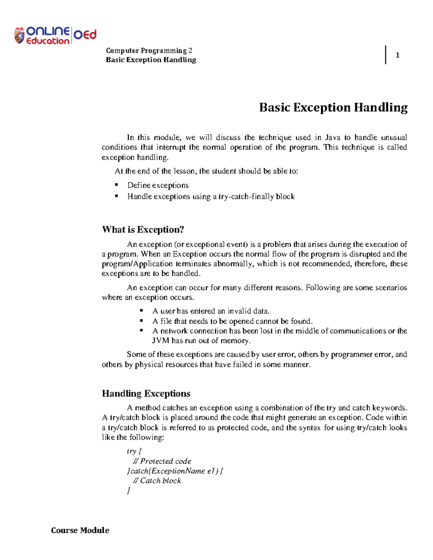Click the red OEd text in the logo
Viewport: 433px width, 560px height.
pos(85,35)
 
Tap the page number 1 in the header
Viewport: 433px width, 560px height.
pos(397,55)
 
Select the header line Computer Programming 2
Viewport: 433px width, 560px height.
pos(149,50)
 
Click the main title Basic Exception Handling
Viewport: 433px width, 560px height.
pos(333,107)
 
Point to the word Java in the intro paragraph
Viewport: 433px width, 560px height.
pos(333,137)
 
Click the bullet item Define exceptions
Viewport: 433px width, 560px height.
pos(158,185)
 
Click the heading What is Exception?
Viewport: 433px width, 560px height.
pos(143,230)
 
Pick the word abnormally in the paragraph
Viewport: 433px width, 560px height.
pos(233,264)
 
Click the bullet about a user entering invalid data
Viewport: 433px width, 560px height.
pos(211,311)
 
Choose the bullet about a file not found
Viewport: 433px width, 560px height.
pos(232,321)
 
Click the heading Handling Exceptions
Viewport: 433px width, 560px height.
pos(146,393)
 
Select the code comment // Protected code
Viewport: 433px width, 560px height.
pos(162,461)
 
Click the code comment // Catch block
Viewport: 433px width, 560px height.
pos(157,481)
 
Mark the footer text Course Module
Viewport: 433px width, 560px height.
pos(80,530)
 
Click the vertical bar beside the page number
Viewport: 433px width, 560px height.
pos(386,55)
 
